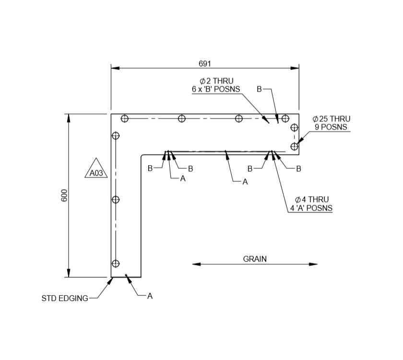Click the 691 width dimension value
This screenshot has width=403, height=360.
pos(205,63)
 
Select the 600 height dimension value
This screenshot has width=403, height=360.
pos(64,195)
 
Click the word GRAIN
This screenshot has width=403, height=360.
pos(255,259)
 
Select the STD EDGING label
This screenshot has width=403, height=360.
pos(65,298)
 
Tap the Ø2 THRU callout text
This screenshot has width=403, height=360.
pos(216,81)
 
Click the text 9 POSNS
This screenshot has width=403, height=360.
pos(331,127)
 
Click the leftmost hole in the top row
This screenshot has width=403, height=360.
pos(125,119)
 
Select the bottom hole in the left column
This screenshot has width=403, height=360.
pos(115,263)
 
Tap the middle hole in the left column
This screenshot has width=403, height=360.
pos(115,199)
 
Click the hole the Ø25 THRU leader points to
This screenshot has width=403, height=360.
pos(294,146)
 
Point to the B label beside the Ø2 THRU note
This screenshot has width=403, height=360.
pos(259,89)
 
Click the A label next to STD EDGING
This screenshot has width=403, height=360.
pos(150,296)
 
